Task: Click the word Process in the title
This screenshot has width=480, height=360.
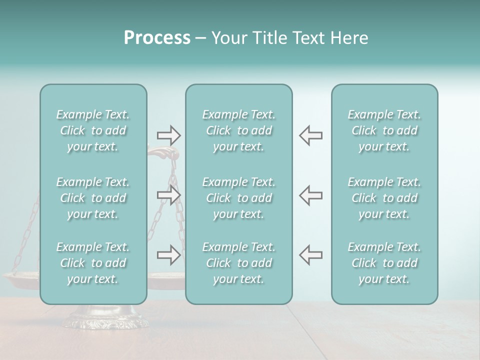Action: (x=157, y=38)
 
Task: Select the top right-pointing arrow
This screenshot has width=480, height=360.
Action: (x=168, y=135)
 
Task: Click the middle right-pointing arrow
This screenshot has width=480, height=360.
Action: (x=168, y=195)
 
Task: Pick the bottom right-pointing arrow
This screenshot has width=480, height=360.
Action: (x=168, y=255)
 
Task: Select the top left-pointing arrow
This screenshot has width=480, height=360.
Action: (x=310, y=135)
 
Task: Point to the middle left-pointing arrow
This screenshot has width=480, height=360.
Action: (x=310, y=195)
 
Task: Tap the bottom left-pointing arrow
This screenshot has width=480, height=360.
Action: (x=310, y=255)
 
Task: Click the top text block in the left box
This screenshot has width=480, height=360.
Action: (x=93, y=130)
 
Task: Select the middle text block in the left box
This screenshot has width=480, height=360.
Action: (x=93, y=198)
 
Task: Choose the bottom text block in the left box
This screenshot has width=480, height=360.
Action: (x=93, y=263)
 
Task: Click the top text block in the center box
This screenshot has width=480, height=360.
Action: (x=239, y=130)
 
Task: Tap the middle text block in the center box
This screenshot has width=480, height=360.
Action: (x=239, y=198)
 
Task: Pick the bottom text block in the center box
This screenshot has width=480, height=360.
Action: (x=239, y=263)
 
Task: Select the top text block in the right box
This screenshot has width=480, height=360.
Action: (x=384, y=130)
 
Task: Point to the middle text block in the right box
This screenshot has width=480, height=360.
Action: (x=384, y=198)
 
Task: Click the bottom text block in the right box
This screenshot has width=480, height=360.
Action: (x=384, y=263)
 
